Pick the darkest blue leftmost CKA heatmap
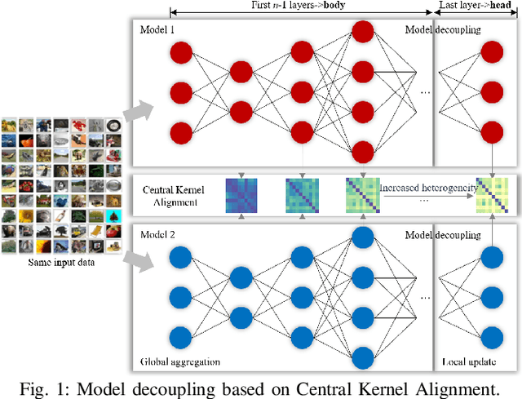pos(241,196)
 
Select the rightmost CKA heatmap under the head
pos(494,196)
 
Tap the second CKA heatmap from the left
pos(301,196)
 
